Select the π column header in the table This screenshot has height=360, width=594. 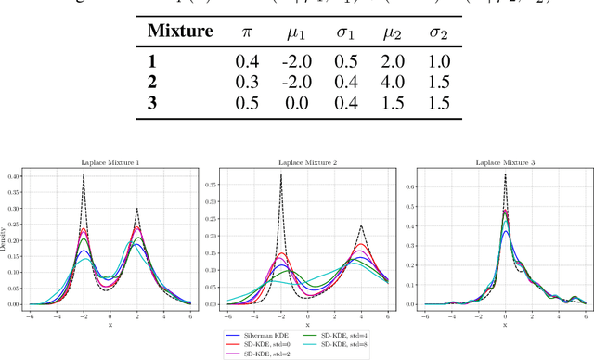coord(247,32)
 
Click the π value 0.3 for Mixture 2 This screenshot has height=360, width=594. coord(247,81)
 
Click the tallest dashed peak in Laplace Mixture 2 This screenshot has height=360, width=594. coord(279,174)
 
